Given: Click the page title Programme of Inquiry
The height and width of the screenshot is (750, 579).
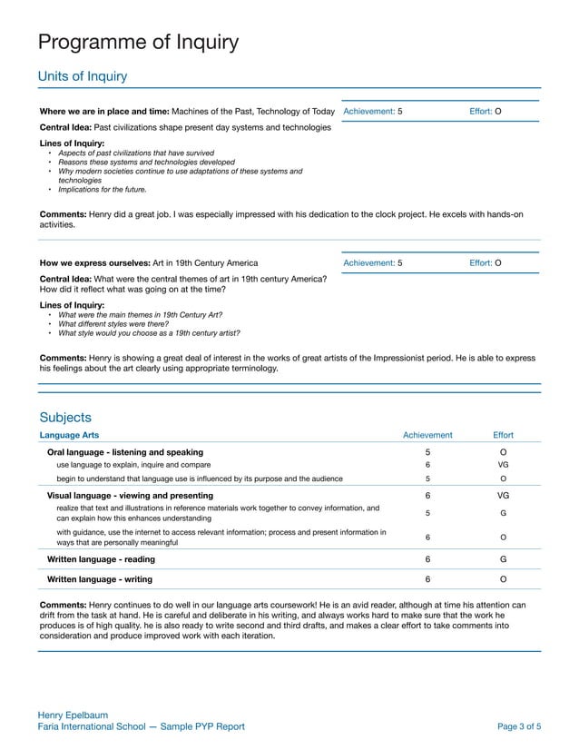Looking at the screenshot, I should coord(138,42).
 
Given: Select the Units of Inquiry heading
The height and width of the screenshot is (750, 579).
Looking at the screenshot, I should coord(82,76).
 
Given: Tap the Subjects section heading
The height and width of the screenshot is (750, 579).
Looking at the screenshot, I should coord(65,418).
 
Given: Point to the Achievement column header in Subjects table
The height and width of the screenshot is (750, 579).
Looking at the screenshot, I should coord(427,436).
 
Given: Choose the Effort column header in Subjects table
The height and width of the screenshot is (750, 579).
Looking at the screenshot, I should coord(503,436).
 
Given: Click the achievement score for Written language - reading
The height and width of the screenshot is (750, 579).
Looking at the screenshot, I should coord(427,559).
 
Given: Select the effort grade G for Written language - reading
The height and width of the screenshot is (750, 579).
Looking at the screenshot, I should coord(503,559).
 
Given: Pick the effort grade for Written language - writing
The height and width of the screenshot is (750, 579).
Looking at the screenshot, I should coord(503,578).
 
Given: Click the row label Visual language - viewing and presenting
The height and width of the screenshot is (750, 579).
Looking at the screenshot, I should coord(130,496).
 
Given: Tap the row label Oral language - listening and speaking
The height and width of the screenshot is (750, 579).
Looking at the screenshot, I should coord(125,452).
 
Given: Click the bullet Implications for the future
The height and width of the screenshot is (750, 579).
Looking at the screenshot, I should coord(102,190).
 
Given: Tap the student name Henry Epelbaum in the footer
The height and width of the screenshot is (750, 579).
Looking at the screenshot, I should coord(73,715).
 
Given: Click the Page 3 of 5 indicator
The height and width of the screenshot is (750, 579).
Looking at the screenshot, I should coord(520,727).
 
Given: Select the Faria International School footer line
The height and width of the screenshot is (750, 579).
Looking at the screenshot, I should coord(141,727).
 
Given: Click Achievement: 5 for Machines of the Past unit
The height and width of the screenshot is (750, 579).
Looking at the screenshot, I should coord(373,112).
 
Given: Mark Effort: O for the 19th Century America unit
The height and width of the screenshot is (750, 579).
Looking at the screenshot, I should coord(486,263).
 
